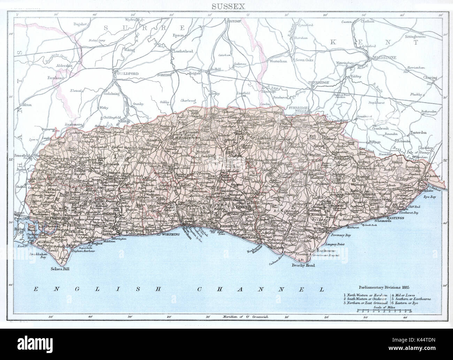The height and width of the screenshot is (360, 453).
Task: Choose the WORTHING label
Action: point(170,234)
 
